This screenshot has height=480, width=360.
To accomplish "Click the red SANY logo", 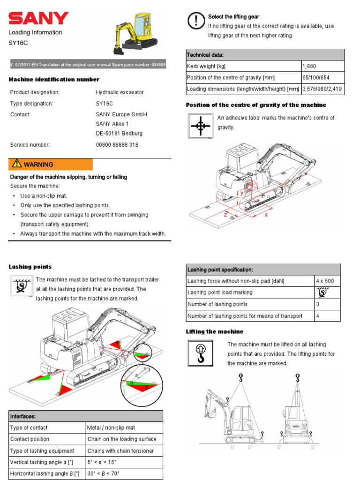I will click(38, 19).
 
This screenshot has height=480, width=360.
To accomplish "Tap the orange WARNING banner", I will click(51, 165).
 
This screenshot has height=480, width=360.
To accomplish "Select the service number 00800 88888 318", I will click(117, 145).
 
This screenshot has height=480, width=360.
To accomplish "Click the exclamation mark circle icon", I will click(195, 21).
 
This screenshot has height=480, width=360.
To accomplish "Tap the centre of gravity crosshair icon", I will click(201, 126).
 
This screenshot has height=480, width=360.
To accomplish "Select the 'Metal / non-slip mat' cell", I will click(111, 427).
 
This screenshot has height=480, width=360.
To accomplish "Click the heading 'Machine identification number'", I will click(54, 80).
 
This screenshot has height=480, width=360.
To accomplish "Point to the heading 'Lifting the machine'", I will click(215, 331).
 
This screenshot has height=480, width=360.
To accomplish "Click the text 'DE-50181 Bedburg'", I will click(119, 133).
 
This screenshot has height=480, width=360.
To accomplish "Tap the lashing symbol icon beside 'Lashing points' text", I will click(21, 286).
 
